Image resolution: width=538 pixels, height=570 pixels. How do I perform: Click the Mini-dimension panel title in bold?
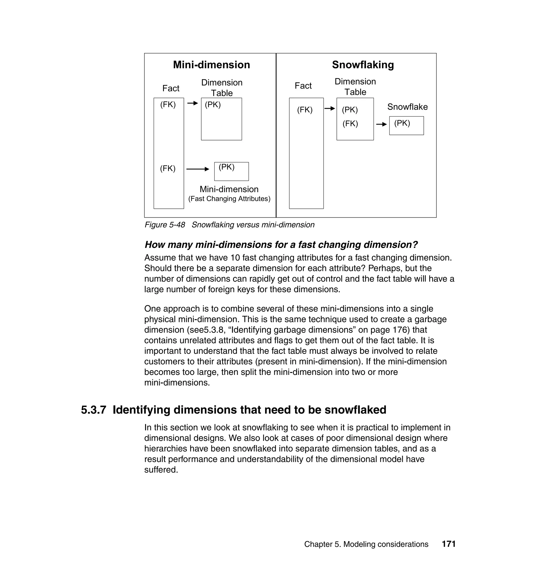(x=211, y=65)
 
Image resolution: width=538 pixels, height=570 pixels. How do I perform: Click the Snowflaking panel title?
(x=363, y=65)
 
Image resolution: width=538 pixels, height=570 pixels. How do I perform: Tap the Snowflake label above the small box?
(x=407, y=107)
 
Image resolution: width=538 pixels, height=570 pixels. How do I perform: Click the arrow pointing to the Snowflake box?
(x=381, y=124)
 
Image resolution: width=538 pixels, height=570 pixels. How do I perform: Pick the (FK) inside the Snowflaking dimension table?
(x=350, y=124)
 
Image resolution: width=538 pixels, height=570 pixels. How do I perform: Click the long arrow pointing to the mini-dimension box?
(x=198, y=169)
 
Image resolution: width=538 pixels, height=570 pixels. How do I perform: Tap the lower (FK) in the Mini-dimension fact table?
(x=168, y=169)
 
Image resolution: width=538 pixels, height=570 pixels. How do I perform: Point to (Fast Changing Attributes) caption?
(x=229, y=199)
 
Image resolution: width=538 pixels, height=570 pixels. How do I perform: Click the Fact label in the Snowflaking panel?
(x=303, y=86)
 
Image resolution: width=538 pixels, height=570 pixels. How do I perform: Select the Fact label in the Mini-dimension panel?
(x=171, y=88)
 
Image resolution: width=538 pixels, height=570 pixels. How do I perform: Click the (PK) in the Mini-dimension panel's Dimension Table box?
(x=213, y=105)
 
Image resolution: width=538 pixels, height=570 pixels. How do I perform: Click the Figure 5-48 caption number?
(x=165, y=225)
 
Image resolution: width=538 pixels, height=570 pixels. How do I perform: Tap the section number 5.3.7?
(x=93, y=410)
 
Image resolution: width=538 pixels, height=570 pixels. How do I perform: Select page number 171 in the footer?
(x=448, y=544)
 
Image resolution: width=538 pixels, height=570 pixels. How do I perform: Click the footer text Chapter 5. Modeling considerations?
(x=366, y=544)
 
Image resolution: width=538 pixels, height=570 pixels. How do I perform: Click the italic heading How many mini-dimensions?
(x=281, y=245)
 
